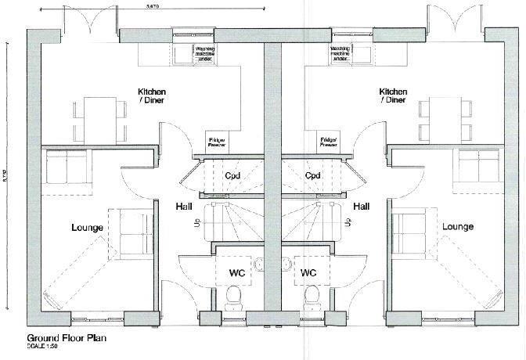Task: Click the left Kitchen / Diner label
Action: click(x=152, y=95)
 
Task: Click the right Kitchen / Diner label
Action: click(x=392, y=95)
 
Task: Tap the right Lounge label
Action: click(x=457, y=227)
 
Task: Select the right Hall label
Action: click(x=361, y=207)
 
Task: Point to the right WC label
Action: click(x=308, y=274)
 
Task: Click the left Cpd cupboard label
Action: click(x=232, y=175)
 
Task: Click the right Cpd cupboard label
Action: click(x=312, y=175)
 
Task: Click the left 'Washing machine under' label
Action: click(x=206, y=52)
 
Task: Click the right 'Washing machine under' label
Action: click(x=340, y=52)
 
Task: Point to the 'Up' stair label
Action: click(x=196, y=225)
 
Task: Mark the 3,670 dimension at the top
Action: click(x=154, y=5)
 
